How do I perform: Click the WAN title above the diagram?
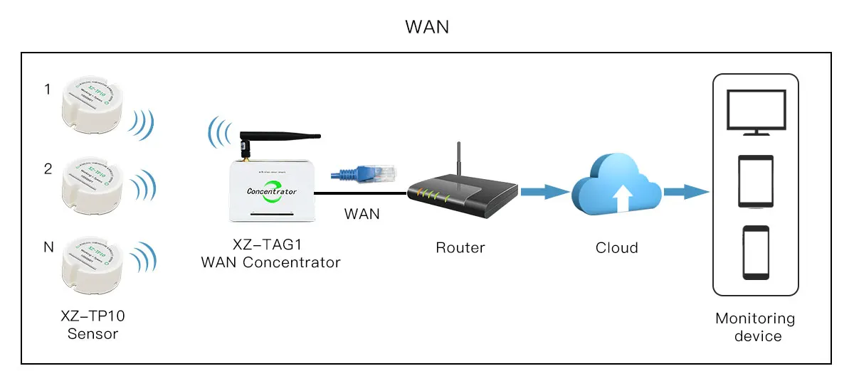coord(427,27)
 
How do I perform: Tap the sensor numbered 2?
coord(93,183)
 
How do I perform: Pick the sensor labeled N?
coord(93,264)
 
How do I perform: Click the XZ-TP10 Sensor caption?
coord(93,325)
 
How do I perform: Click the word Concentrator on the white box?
coord(271,191)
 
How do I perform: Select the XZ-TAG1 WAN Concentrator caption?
coord(271,254)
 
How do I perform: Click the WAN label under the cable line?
coord(362,213)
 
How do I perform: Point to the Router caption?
coord(460,248)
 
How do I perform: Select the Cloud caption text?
coord(616,248)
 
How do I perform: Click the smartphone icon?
coord(756,253)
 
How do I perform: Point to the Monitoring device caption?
coord(755,327)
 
